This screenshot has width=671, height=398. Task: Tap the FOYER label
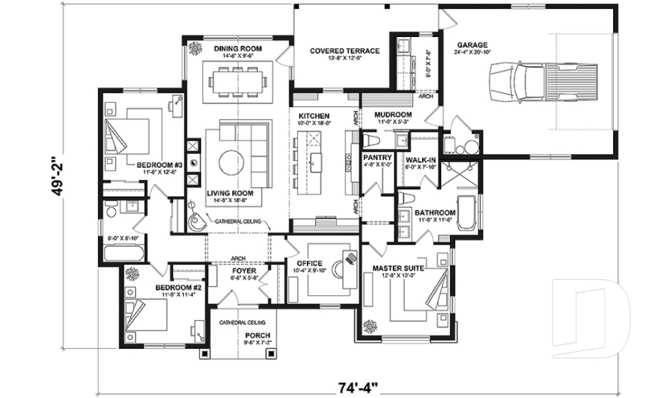pyautogui.click(x=244, y=270)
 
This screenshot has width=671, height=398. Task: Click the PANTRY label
pyautogui.click(x=377, y=158)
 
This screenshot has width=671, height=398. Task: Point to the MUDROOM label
pyautogui.click(x=393, y=114)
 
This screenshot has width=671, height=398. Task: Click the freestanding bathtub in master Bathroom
pyautogui.click(x=472, y=213)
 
